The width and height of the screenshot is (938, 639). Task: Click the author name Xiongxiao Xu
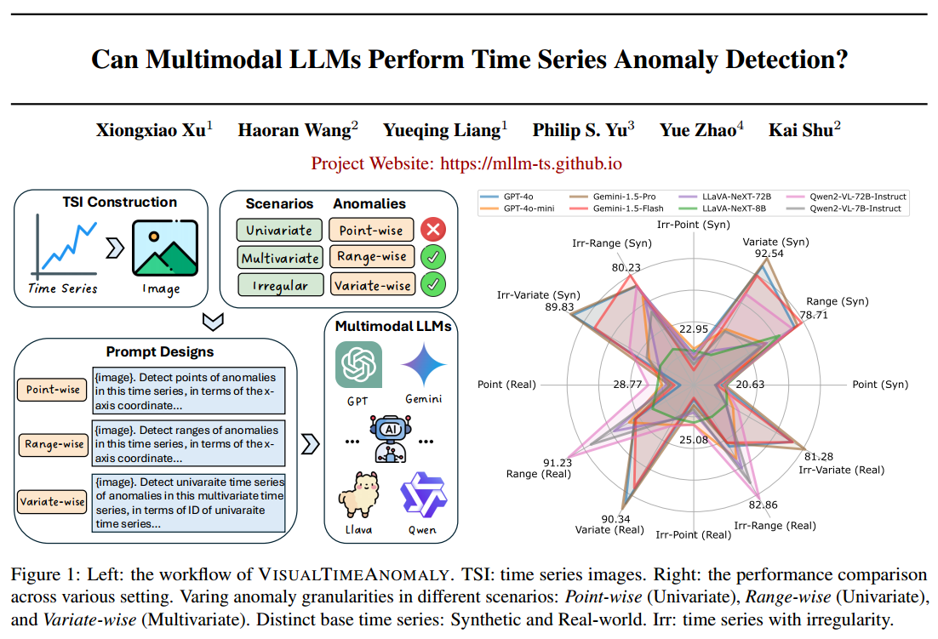(x=149, y=130)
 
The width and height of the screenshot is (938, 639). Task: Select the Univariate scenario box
(x=279, y=231)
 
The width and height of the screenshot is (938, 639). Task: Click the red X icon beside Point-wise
(x=434, y=230)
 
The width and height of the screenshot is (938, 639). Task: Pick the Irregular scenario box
(x=279, y=285)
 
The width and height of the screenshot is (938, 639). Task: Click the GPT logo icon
(x=358, y=364)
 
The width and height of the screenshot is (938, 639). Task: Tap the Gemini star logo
(x=424, y=364)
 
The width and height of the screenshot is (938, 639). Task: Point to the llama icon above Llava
(x=357, y=493)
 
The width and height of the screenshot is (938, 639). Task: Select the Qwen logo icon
(x=423, y=493)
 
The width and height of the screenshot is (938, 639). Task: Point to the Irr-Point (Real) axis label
(x=694, y=534)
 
